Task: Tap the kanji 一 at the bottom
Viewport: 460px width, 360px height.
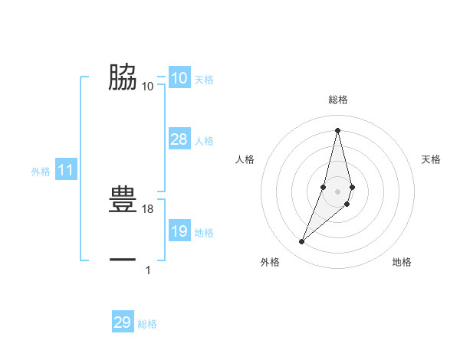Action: (123, 260)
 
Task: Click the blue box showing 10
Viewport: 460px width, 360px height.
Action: (179, 78)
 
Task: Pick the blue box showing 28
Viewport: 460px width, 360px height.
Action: (179, 139)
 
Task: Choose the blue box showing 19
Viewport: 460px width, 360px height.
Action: (179, 231)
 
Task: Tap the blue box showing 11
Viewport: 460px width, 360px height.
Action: (65, 171)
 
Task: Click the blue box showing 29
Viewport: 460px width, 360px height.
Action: (122, 322)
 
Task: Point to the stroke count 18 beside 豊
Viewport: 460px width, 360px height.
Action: (148, 208)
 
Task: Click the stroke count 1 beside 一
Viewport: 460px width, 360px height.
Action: (148, 270)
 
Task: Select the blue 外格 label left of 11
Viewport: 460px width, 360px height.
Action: (41, 172)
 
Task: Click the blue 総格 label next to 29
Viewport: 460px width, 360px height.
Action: (147, 324)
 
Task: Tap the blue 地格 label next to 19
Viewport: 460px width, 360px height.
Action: (204, 232)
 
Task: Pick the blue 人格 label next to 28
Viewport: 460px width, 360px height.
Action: (204, 141)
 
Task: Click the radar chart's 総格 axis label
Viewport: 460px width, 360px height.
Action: (337, 100)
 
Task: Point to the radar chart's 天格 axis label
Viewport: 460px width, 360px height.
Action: (431, 159)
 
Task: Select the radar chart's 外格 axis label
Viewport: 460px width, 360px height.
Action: (270, 262)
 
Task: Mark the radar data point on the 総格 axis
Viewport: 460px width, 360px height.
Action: (337, 129)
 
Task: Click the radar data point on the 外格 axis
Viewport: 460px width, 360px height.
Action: (301, 242)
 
